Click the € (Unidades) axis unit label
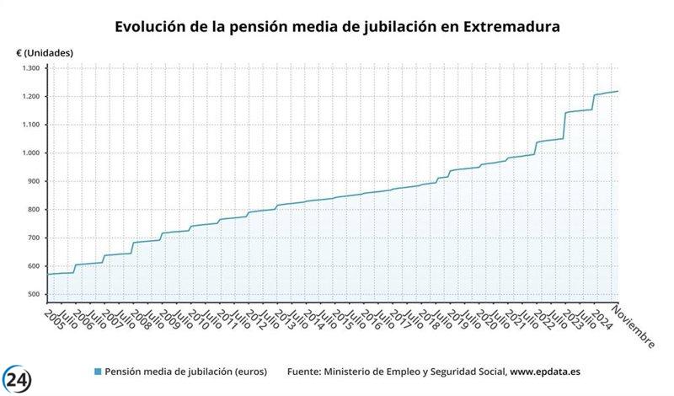point(45,52)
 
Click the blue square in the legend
point(98,372)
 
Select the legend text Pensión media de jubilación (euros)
point(185,372)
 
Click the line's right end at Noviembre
point(618,91)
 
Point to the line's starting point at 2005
point(48,275)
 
